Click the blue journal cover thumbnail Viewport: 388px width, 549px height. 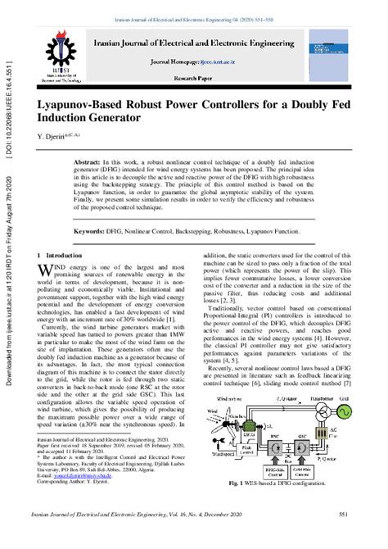pos(354,51)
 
